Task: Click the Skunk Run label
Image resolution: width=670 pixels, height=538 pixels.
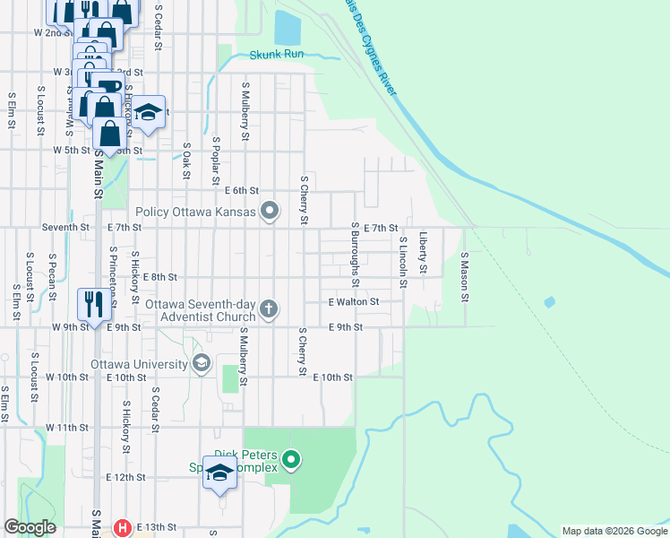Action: point(277,55)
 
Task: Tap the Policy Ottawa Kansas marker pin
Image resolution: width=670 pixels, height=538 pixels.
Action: point(269,213)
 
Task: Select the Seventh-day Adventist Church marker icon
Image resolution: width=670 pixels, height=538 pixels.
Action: point(269,310)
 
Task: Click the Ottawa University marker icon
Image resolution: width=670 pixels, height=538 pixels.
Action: point(202,363)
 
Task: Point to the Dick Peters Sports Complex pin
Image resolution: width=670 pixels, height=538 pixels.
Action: point(290,461)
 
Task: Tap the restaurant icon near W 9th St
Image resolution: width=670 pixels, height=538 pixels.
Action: point(94,305)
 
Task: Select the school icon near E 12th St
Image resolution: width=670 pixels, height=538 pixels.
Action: point(219,473)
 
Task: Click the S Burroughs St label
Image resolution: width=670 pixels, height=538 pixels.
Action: point(356,256)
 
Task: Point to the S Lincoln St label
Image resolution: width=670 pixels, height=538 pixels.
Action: point(403,262)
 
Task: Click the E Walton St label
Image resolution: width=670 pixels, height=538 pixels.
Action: point(353,303)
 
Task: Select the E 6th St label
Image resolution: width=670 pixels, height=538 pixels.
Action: point(241,191)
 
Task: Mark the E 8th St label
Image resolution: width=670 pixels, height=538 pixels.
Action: point(160,278)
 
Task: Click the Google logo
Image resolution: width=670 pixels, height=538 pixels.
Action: point(30,527)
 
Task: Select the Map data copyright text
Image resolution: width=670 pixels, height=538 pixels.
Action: point(614,531)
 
